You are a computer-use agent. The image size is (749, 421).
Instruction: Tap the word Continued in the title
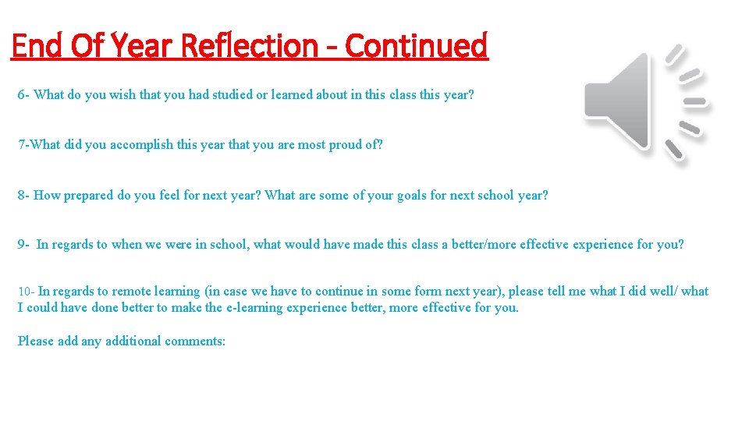click(x=416, y=46)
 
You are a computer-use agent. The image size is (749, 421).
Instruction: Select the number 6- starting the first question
click(x=24, y=95)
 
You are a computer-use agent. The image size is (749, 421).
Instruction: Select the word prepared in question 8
click(x=88, y=196)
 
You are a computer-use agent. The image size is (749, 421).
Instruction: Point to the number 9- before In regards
click(x=23, y=245)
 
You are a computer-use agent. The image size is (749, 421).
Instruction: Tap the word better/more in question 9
click(x=485, y=245)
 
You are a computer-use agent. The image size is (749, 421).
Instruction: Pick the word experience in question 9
click(x=603, y=245)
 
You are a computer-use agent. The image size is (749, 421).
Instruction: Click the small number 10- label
click(x=26, y=292)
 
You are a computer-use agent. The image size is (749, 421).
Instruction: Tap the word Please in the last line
click(x=34, y=341)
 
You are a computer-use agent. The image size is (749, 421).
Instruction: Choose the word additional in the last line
click(x=133, y=341)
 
